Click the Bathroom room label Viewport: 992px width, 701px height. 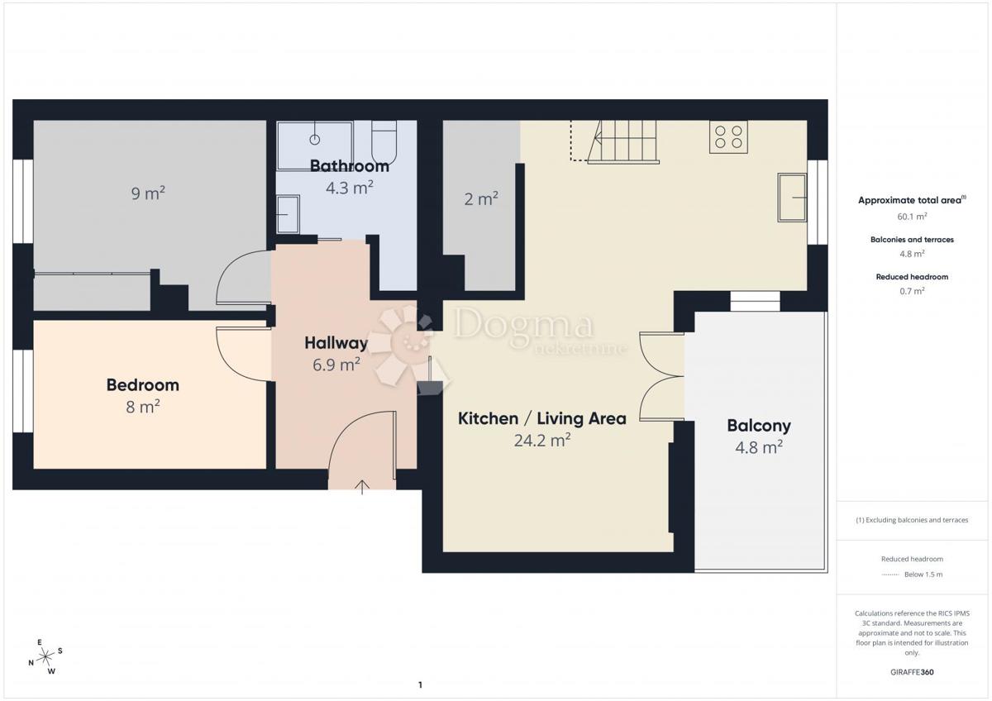pos(350,166)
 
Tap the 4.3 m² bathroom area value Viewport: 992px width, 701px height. pos(350,188)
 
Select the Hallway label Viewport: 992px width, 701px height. pos(336,343)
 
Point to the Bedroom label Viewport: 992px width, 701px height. pos(142,385)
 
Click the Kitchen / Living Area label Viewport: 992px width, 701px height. pos(542,418)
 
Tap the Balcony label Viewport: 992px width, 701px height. pos(759,426)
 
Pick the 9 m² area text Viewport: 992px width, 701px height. pos(148,193)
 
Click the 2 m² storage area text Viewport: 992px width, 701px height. pos(481,199)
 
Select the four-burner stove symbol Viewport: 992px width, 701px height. pos(728,137)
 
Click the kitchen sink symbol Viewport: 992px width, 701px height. pos(792,198)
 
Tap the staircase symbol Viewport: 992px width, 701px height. pos(623,141)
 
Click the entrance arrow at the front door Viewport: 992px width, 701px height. pos(362,487)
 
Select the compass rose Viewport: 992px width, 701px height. pos(45,657)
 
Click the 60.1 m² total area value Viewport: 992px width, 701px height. pos(912,217)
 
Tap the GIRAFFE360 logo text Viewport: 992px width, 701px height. pos(912,672)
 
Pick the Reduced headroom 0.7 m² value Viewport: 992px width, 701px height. pos(912,291)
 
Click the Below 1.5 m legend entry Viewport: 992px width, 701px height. pos(912,575)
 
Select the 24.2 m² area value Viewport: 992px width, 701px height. pos(542,441)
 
